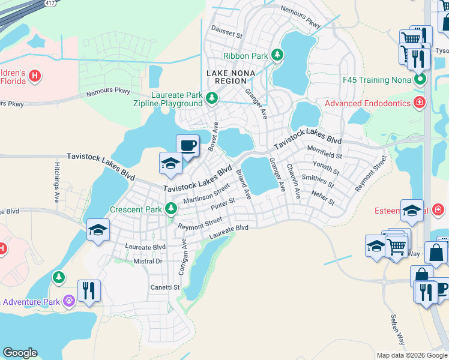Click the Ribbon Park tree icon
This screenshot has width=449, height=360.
click(277, 55)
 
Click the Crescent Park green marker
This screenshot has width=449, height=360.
click(172, 209)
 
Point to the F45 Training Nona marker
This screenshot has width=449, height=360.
click(420, 79)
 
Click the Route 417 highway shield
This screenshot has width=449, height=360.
click(52, 3)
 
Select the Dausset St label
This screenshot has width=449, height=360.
click(227, 33)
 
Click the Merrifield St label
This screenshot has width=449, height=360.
click(324, 152)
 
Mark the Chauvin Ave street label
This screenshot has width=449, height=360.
click(292, 182)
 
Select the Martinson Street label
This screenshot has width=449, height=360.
click(206, 194)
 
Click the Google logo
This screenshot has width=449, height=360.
click(20, 353)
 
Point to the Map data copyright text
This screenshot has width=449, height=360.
click(412, 355)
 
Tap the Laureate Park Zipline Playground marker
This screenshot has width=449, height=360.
click(211, 98)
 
